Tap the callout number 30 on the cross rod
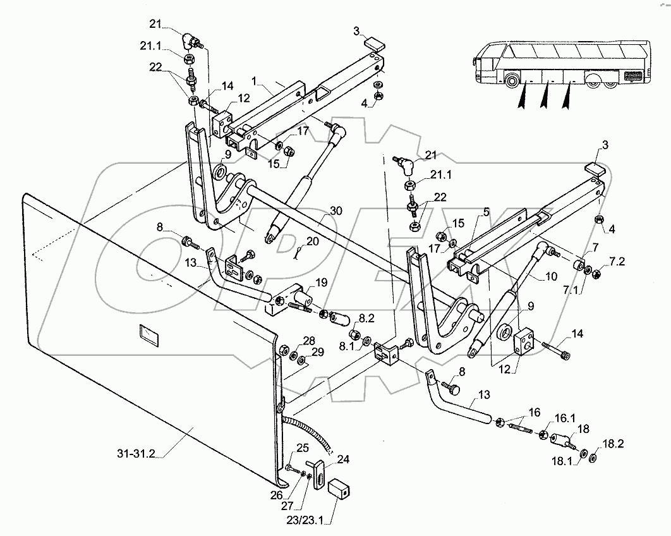336,210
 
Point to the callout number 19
322,283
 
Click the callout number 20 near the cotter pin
313,242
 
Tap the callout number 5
487,212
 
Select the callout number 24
343,460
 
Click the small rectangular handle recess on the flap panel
148,335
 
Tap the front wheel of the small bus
511,82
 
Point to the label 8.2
366,318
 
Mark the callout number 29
318,352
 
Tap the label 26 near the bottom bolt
277,495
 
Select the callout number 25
302,448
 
